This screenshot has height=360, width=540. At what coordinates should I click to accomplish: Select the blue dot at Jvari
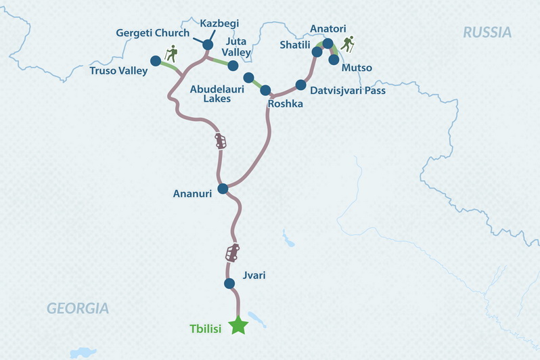pyautogui.click(x=229, y=284)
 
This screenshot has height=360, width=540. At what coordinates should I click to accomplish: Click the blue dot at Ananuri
pyautogui.click(x=222, y=189)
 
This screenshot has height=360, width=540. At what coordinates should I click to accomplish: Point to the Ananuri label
pyautogui.click(x=193, y=194)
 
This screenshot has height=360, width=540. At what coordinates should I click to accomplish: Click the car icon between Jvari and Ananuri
pyautogui.click(x=232, y=253)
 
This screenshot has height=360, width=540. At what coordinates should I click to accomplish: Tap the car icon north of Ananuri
pyautogui.click(x=221, y=141)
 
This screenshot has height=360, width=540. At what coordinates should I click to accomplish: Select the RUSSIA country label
pyautogui.click(x=487, y=32)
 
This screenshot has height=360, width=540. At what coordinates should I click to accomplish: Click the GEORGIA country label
pyautogui.click(x=78, y=309)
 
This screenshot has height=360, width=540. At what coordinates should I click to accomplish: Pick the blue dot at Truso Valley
pyautogui.click(x=155, y=60)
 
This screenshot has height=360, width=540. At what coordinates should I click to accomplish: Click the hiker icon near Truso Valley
pyautogui.click(x=171, y=53)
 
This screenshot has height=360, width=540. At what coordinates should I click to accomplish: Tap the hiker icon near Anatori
pyautogui.click(x=348, y=45)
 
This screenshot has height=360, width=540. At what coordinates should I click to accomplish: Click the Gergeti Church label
pyautogui.click(x=152, y=32)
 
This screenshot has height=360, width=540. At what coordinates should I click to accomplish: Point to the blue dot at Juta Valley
pyautogui.click(x=233, y=66)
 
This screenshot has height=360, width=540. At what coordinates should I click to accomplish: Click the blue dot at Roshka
pyautogui.click(x=265, y=90)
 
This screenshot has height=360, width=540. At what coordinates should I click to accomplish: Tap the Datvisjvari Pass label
pyautogui.click(x=347, y=89)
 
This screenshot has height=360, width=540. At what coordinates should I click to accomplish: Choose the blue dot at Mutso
pyautogui.click(x=334, y=60)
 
